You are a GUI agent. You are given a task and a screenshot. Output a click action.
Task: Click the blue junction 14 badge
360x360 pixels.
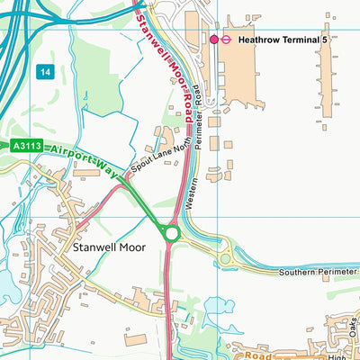click(x=44, y=70)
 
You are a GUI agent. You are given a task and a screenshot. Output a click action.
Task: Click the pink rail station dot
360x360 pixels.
click(x=214, y=40)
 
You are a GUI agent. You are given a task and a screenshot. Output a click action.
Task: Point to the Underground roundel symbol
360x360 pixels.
click(x=229, y=40)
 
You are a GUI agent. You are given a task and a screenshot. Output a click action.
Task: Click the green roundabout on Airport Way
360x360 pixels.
click(x=172, y=233)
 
